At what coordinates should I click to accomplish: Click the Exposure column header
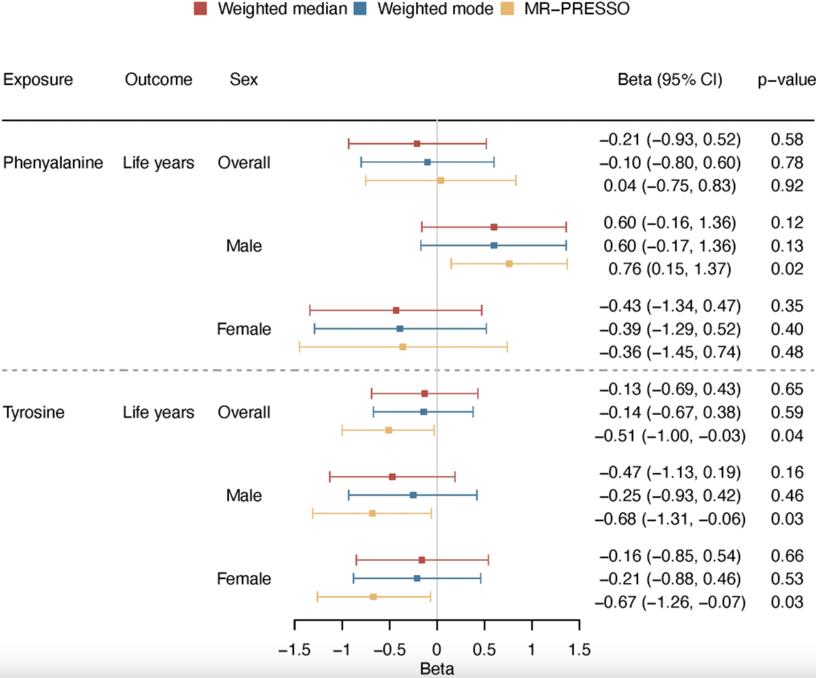coord(38,79)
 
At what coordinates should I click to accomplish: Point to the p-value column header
coord(786,79)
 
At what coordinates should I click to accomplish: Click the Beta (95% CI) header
coord(670,79)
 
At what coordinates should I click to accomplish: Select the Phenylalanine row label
coord(53,162)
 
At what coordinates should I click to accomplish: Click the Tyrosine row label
coord(34,412)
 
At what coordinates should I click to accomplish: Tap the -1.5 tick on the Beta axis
coord(294,649)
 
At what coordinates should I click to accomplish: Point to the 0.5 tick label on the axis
coord(484,649)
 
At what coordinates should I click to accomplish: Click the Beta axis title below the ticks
coord(437,668)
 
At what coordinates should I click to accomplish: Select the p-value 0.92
coord(787,186)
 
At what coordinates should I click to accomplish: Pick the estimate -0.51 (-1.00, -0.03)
coord(670,435)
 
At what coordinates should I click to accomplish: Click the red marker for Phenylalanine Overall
coord(417,144)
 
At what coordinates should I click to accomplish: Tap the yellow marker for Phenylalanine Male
coord(509,264)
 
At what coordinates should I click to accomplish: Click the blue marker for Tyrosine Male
coord(413,495)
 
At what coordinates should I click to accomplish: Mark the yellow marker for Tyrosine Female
coord(373,597)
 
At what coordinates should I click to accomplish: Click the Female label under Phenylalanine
coord(244,329)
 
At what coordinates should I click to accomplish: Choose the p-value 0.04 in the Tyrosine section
coord(787,435)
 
